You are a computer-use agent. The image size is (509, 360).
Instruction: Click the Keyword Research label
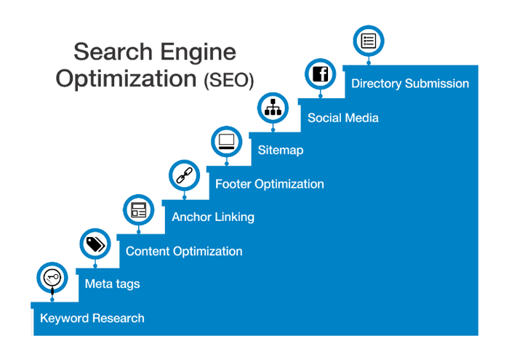click(x=92, y=319)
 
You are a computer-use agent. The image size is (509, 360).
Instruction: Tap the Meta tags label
click(x=112, y=284)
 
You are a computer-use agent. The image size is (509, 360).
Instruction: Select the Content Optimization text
click(x=184, y=252)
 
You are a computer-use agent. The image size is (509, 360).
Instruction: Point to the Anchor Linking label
click(x=213, y=217)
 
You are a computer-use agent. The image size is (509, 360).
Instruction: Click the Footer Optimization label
click(x=269, y=184)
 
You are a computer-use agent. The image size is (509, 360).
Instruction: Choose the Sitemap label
click(x=280, y=151)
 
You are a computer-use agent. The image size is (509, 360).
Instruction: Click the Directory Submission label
click(x=409, y=84)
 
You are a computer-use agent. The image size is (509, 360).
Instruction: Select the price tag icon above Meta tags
click(x=95, y=244)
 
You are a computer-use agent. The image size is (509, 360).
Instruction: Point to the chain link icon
click(x=183, y=175)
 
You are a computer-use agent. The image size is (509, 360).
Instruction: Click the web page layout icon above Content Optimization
click(x=138, y=210)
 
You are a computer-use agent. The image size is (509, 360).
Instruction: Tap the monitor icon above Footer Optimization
click(x=226, y=141)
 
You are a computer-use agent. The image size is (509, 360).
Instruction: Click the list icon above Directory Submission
click(x=368, y=41)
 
